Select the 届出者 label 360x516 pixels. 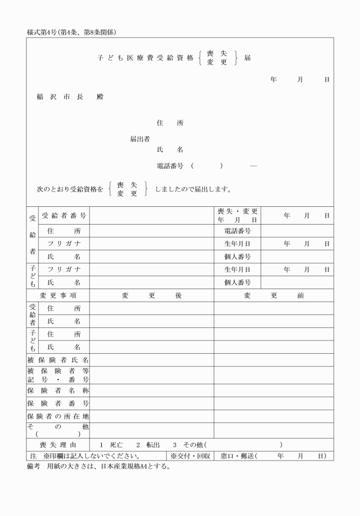point(139,138)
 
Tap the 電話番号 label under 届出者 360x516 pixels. point(170,166)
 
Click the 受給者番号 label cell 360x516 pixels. point(64,215)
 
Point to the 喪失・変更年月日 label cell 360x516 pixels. point(237,215)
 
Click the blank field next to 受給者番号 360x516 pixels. point(151,215)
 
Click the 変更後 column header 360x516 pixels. point(151,295)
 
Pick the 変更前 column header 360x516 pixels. point(274,295)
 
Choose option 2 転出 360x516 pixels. point(145,445)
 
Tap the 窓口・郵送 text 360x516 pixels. point(238,456)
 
